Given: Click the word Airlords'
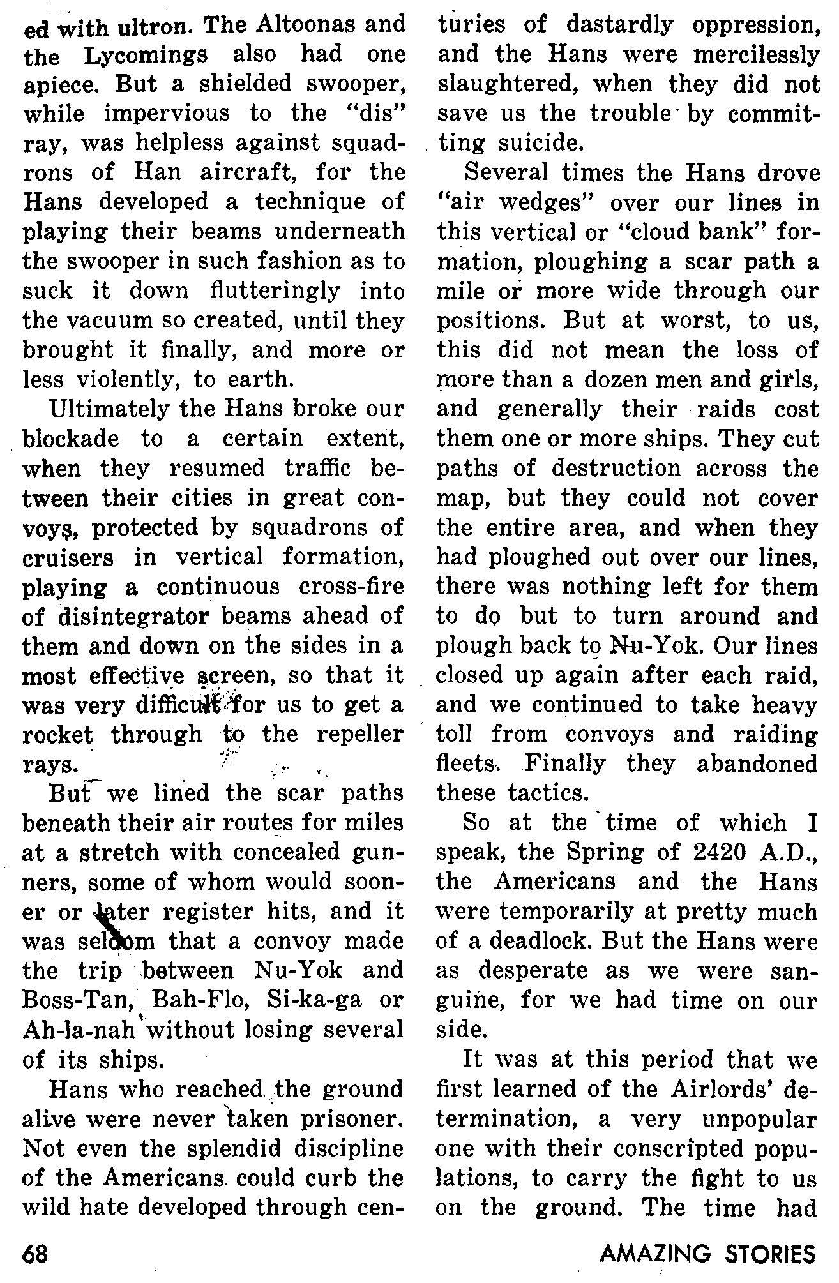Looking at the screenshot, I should point(709,1089).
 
